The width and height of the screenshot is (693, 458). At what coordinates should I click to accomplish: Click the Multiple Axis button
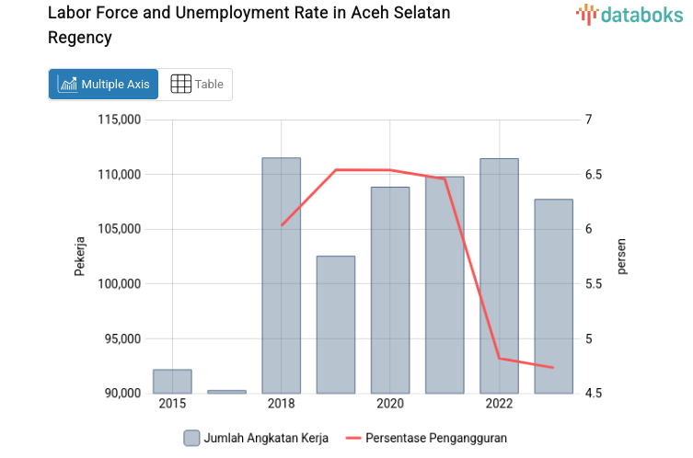pos(103,84)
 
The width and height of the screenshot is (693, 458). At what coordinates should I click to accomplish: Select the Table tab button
pos(197,84)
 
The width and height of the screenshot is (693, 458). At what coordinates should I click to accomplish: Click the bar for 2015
pos(172,381)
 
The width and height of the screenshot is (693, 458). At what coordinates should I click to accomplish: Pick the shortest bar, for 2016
pos(226,392)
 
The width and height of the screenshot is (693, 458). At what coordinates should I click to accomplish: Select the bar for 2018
pos(281,276)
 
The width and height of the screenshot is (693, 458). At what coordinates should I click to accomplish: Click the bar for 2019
pos(335,325)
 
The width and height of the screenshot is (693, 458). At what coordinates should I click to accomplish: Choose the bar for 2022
pos(499,276)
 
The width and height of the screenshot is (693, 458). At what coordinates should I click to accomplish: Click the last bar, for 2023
pos(553,296)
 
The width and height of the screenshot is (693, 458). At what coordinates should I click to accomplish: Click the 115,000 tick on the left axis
pos(118,120)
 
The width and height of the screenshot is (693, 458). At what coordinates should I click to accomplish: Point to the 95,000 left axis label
pos(121,338)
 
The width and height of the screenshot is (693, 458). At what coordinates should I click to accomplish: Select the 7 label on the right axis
pos(588,120)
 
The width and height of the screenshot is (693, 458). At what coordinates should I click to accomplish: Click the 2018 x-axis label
pos(281,405)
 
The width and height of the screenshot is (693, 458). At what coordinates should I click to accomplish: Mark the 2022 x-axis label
pos(499,405)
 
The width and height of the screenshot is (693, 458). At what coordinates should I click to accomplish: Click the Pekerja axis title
pos(80,257)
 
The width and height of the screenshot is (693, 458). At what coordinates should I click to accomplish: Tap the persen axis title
pos(621,257)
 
